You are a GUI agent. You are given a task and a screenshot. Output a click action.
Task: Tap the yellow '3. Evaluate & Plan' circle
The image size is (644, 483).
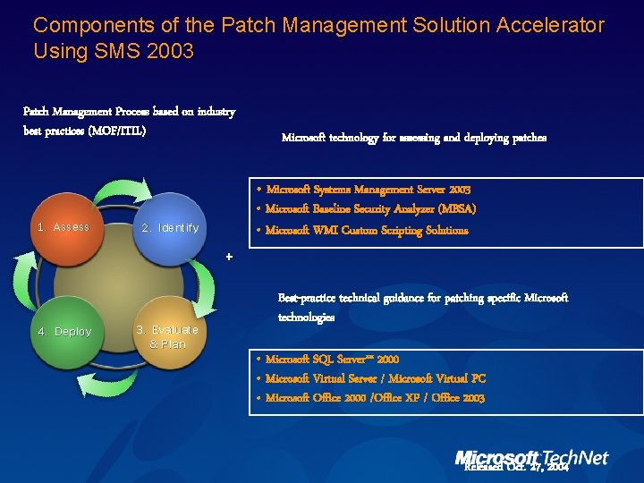[x=167, y=331]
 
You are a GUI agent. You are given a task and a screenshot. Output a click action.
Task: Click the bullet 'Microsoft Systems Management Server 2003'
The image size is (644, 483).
[x=368, y=190]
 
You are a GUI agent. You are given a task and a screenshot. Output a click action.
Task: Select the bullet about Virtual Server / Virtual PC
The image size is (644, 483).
[x=376, y=378]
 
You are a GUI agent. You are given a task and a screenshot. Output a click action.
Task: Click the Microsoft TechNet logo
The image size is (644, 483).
[x=531, y=457]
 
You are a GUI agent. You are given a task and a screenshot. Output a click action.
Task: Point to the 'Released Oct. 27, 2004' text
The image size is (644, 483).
[x=516, y=467]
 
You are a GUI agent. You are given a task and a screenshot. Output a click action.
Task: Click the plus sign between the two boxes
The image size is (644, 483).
[x=229, y=258]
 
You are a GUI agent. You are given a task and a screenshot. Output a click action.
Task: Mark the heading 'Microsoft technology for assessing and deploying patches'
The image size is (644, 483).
[x=413, y=138]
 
